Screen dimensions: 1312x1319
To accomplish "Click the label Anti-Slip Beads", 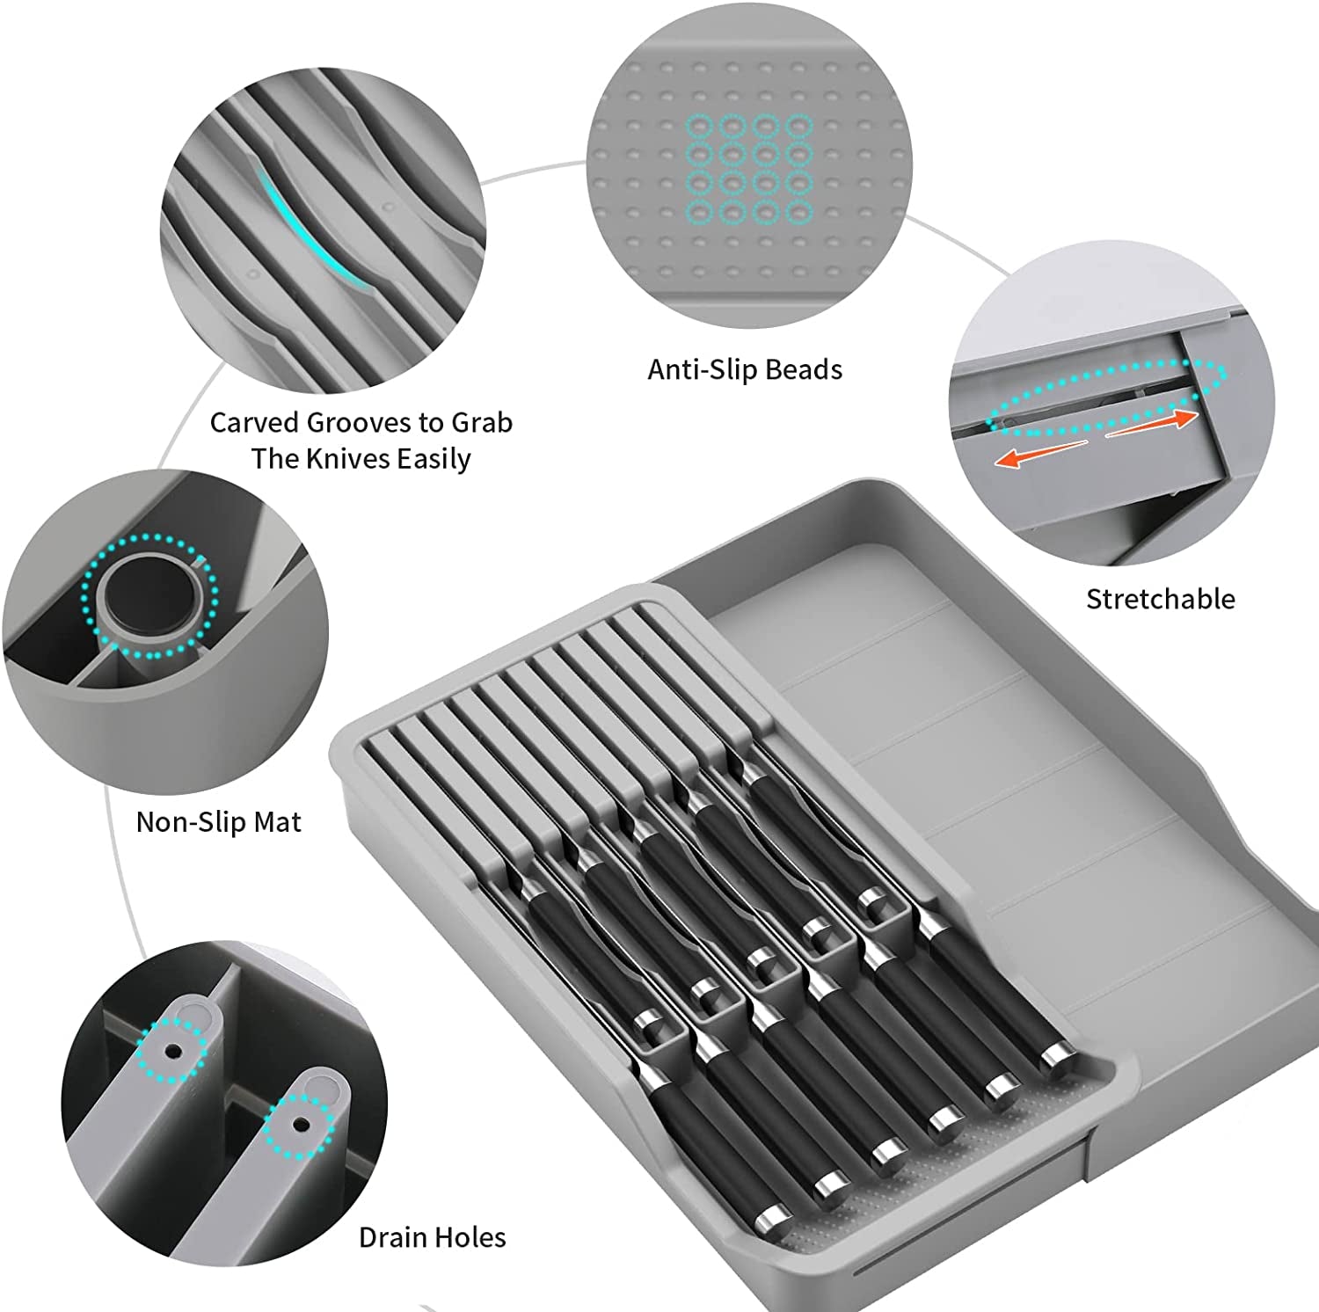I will click(745, 369).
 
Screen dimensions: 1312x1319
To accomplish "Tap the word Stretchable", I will click(1160, 599).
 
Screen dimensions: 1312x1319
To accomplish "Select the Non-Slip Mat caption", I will click(218, 821).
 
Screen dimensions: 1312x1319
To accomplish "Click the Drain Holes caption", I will click(432, 1237).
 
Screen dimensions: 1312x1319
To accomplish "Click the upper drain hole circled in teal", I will click(173, 1050).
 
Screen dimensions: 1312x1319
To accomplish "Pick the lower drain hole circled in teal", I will click(300, 1124).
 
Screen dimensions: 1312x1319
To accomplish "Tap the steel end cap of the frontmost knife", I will click(775, 1218).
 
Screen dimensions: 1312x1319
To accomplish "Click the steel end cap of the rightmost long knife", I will click(1057, 1054).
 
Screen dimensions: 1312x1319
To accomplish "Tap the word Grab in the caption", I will click(481, 423).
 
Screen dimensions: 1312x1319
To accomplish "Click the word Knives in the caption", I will click(347, 459).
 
